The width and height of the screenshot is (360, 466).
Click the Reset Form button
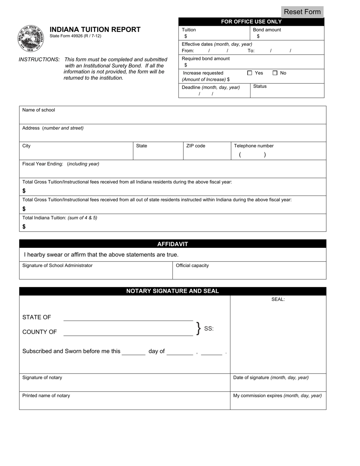pos(302,12)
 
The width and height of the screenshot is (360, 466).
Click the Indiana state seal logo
pos(31,39)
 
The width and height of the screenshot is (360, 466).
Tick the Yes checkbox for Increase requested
pos(249,73)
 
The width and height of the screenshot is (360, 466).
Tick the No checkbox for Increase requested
pos(275,73)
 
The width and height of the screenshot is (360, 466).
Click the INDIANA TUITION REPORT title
pos(95,30)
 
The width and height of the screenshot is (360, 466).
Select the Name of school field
pos(172,117)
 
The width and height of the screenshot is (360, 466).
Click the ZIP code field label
pos(196,146)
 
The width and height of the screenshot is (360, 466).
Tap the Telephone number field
pos(278,154)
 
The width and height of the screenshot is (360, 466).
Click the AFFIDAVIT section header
pos(172,244)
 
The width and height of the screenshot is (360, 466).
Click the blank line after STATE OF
pos(128,317)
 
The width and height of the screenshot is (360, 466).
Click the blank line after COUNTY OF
pos(128,332)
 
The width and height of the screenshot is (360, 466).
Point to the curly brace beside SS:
pos(198,328)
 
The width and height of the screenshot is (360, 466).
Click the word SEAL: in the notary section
pos(278,299)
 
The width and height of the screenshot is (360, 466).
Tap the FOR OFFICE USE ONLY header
pos(251,22)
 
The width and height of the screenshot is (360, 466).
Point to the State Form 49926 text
pos(75,36)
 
